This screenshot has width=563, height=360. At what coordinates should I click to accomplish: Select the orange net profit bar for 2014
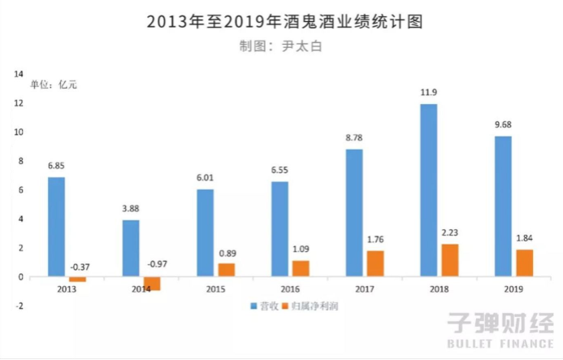151,284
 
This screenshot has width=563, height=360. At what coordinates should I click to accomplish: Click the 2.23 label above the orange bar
451,232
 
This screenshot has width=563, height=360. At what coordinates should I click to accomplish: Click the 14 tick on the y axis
18,74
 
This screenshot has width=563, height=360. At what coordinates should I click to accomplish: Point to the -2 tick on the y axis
18,306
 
